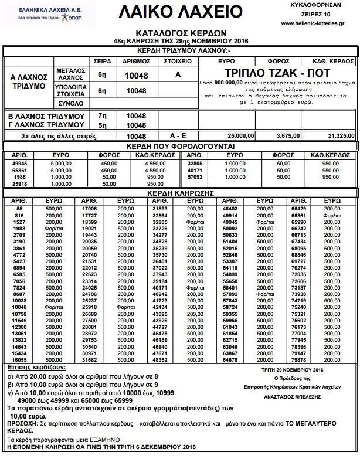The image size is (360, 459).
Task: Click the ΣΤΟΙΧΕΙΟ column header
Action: [178, 61]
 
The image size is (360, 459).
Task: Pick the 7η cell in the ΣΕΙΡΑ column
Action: [102, 116]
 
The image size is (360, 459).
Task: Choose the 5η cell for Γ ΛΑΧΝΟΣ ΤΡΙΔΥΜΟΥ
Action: [102, 125]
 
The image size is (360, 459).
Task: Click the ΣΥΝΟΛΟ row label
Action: [70, 103]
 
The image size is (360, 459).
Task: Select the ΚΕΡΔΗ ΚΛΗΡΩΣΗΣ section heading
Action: [180, 192]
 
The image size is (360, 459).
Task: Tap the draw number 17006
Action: [89, 209]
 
